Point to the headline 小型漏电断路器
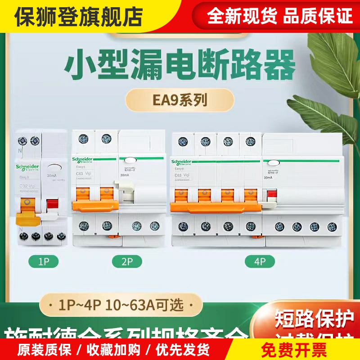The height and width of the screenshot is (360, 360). pos(180,66)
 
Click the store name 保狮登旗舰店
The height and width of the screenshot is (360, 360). pos(78,17)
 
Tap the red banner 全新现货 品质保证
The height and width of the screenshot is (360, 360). pos(279,17)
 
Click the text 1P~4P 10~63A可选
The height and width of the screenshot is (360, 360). pos(121,305)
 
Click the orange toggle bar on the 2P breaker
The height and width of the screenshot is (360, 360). pos(96,205)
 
